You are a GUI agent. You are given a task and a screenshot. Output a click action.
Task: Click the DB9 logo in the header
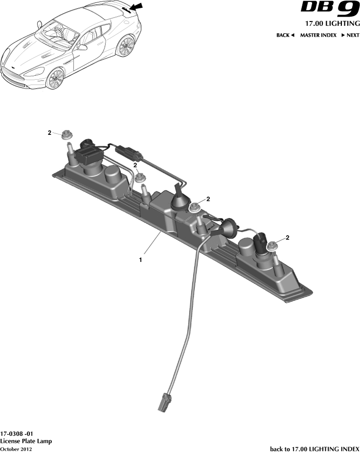click(x=330, y=9)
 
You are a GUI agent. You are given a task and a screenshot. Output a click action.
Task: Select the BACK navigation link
click(x=285, y=35)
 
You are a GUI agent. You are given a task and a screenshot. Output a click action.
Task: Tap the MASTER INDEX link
click(x=318, y=35)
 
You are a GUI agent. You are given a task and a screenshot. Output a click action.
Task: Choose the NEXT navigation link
click(x=350, y=35)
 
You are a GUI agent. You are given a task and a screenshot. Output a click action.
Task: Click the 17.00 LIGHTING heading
click(x=333, y=23)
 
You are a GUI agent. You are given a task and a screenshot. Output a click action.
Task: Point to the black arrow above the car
click(x=136, y=7)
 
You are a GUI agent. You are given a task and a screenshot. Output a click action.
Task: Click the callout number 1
click(x=141, y=260)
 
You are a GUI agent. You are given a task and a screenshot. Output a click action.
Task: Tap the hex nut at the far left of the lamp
click(x=67, y=134)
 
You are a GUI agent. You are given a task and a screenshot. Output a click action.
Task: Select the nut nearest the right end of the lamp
click(x=272, y=246)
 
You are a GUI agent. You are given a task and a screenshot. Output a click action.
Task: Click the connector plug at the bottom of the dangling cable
click(x=164, y=401)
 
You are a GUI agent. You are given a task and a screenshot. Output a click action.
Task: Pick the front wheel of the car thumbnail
click(x=55, y=78)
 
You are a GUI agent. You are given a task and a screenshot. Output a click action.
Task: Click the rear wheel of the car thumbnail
click(x=126, y=46)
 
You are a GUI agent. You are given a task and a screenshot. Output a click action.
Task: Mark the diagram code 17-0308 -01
click(x=17, y=433)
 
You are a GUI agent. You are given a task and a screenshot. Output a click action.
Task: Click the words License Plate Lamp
click(x=26, y=441)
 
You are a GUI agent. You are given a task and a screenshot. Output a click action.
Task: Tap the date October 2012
click(x=16, y=449)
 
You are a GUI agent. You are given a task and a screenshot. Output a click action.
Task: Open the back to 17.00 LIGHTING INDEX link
click(x=315, y=449)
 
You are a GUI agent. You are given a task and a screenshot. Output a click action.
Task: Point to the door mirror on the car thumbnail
click(x=83, y=47)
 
